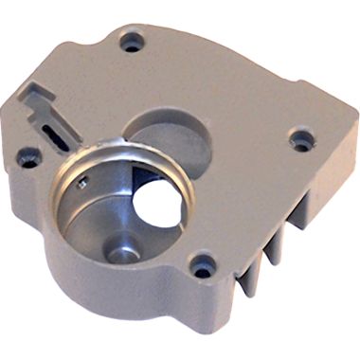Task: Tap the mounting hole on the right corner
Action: pyautogui.click(x=302, y=142)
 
